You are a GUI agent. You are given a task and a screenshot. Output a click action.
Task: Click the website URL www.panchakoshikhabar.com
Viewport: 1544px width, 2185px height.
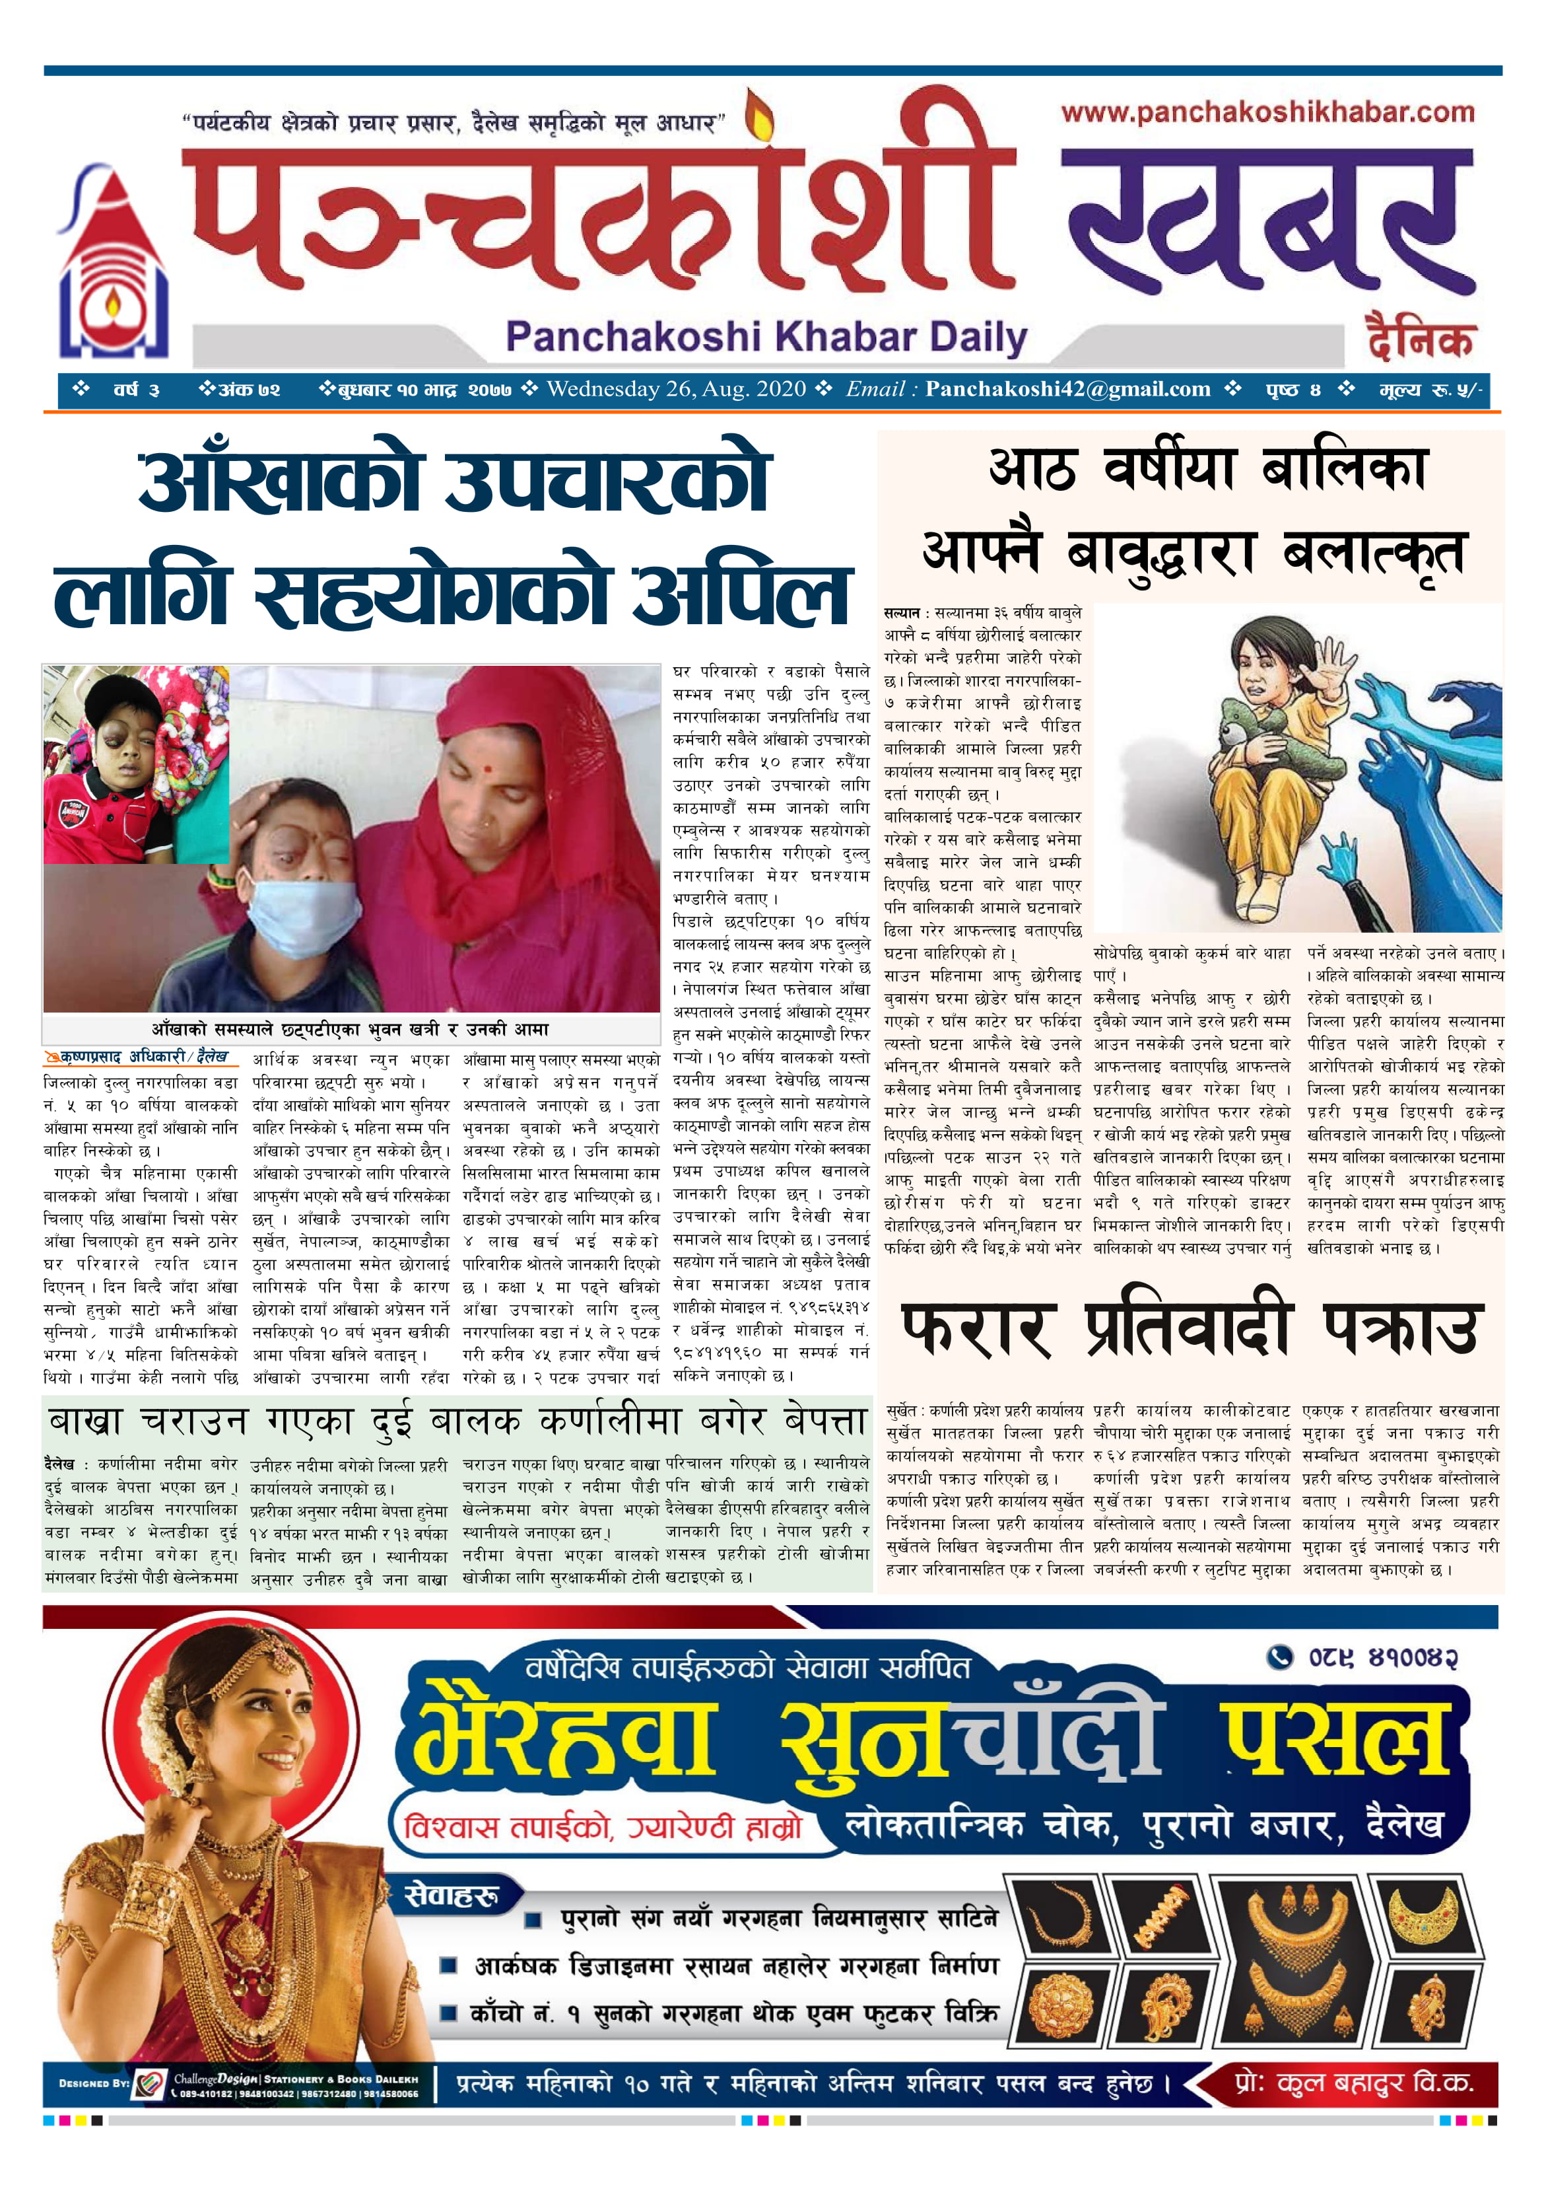click(x=1267, y=113)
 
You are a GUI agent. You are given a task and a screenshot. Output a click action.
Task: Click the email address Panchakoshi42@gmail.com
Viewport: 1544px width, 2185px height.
click(x=1067, y=389)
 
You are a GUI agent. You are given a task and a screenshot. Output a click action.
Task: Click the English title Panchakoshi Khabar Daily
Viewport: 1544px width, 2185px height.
click(x=766, y=337)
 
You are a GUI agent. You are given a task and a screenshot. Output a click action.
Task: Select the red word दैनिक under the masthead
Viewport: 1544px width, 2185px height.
click(x=1419, y=337)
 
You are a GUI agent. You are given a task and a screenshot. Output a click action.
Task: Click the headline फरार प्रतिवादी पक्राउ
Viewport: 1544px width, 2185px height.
click(x=1189, y=1328)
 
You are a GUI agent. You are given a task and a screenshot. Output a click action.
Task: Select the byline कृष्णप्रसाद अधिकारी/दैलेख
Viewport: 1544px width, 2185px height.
click(x=138, y=1056)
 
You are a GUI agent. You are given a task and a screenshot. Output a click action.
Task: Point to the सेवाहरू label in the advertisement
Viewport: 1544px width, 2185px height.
click(x=451, y=1896)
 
